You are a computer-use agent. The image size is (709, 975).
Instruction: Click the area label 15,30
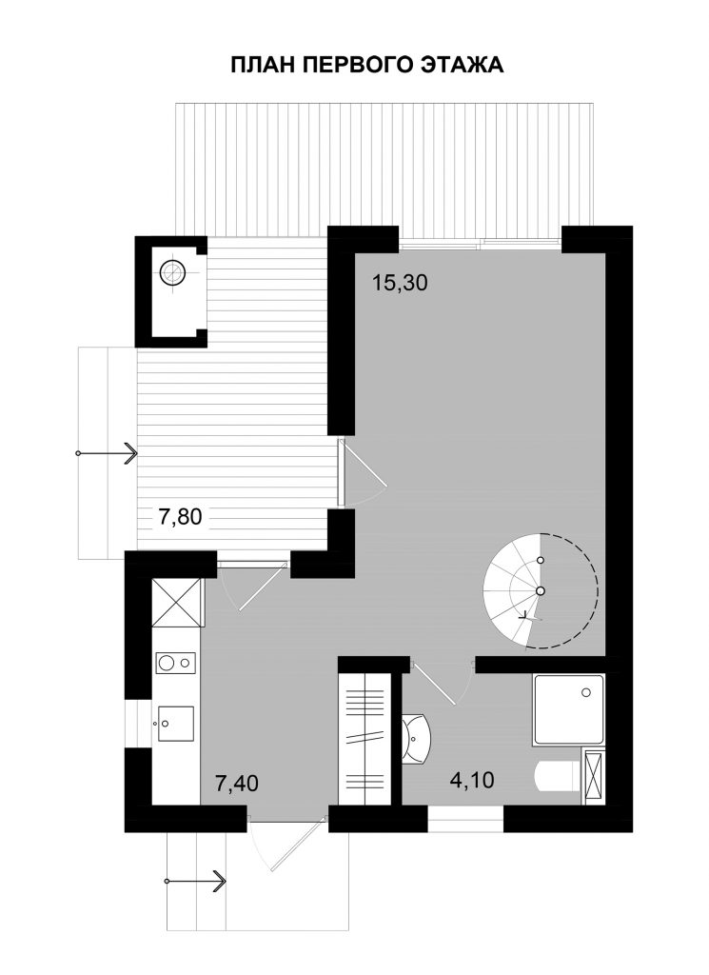point(400,284)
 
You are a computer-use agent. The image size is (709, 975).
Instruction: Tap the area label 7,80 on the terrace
point(180,517)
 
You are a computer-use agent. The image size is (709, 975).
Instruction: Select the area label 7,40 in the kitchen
point(236,784)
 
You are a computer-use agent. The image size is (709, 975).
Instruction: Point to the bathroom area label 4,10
point(472,780)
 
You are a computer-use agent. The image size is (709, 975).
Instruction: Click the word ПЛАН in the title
point(264,65)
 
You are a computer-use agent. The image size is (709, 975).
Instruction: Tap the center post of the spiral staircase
point(541,590)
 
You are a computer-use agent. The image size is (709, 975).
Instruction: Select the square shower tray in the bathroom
point(568,709)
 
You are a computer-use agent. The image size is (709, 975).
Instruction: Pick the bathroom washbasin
point(415,739)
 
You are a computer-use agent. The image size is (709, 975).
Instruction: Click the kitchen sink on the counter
point(175,724)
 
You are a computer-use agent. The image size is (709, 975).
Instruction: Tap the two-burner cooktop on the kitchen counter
point(175,663)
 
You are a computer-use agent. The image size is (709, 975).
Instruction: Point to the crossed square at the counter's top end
point(176,603)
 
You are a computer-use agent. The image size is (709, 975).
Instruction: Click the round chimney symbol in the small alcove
point(172,273)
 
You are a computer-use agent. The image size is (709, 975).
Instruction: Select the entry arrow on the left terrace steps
point(107,452)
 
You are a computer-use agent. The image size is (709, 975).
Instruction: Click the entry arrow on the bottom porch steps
point(195,881)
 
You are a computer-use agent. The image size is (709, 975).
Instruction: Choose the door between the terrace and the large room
point(361,472)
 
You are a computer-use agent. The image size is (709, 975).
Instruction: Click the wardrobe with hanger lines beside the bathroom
point(364,738)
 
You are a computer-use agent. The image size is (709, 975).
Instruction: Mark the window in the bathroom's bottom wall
point(465,819)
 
